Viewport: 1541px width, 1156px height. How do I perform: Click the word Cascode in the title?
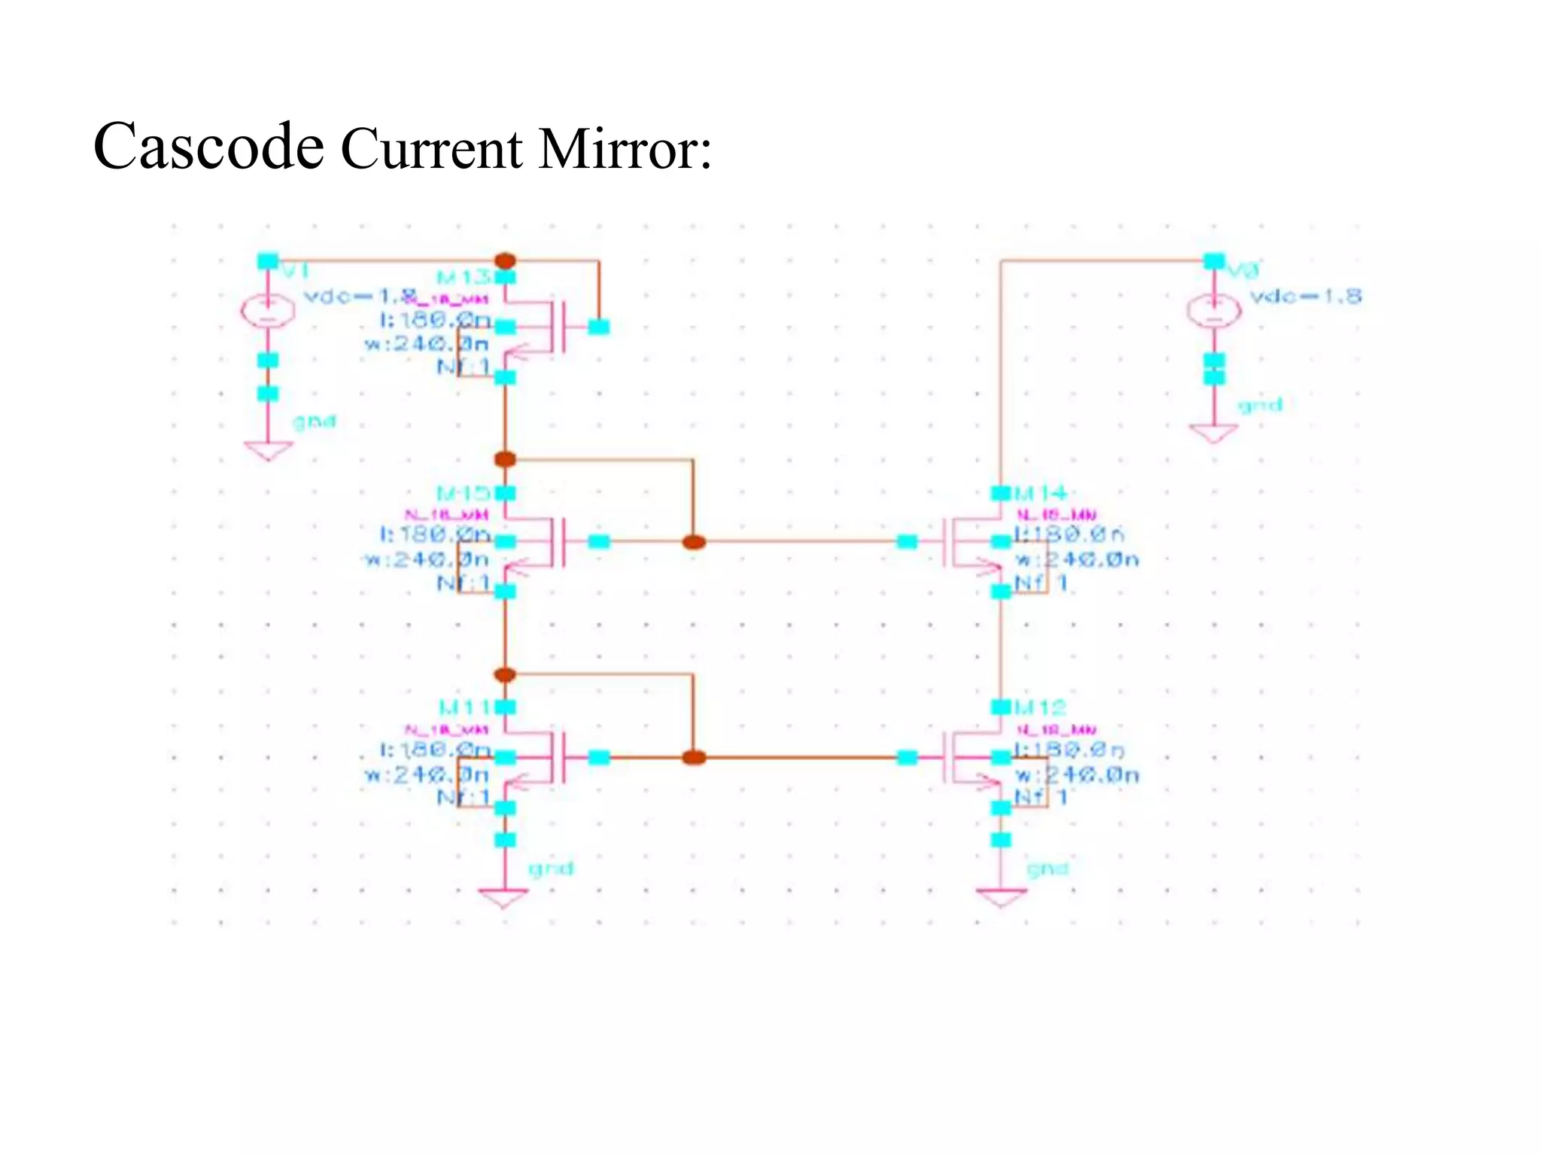(x=208, y=146)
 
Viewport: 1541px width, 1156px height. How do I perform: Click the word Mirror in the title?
(x=617, y=148)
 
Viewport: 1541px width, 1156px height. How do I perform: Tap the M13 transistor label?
(x=464, y=278)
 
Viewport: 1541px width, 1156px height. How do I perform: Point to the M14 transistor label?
(x=1041, y=494)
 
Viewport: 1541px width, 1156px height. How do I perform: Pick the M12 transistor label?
(x=1041, y=707)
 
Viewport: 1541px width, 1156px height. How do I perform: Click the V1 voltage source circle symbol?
(x=268, y=311)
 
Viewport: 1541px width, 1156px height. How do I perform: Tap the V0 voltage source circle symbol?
(x=1214, y=310)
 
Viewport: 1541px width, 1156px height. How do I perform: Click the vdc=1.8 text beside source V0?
(x=1305, y=296)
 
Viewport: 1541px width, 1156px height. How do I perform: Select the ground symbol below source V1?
(x=268, y=450)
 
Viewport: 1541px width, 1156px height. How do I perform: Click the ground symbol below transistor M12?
(x=1001, y=897)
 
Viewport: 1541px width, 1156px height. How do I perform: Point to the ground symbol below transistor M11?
(x=503, y=898)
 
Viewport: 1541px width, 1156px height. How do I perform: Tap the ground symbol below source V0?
(x=1214, y=433)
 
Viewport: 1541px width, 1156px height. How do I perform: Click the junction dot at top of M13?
(x=506, y=261)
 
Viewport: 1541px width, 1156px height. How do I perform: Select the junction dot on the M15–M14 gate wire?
(x=693, y=542)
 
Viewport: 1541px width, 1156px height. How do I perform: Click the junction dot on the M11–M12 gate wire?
(x=693, y=757)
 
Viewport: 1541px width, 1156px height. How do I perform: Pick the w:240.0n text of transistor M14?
(x=1077, y=560)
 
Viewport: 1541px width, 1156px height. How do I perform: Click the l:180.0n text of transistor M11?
(x=435, y=750)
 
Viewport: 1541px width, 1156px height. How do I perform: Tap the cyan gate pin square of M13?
(x=599, y=327)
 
